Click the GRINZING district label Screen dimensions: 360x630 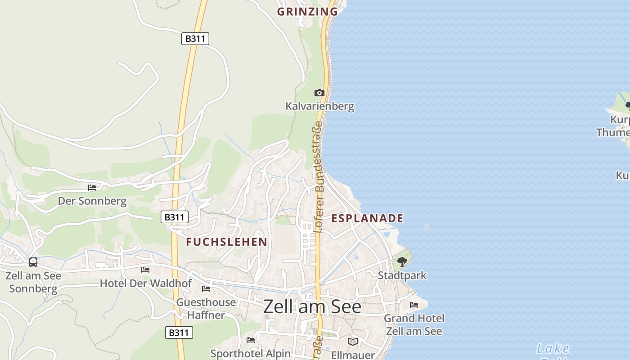click(x=307, y=12)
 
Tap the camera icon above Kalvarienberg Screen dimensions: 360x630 click(x=319, y=93)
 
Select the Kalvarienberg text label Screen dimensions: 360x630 click(x=319, y=107)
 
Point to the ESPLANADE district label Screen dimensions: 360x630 click(x=367, y=219)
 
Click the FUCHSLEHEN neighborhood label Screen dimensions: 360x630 click(x=227, y=242)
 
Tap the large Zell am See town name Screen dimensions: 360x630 click(x=312, y=307)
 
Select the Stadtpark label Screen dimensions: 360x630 click(x=402, y=275)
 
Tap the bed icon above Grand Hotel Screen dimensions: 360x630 click(x=414, y=305)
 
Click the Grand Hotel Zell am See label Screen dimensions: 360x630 click(x=414, y=325)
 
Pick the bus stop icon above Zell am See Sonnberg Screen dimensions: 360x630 click(x=33, y=262)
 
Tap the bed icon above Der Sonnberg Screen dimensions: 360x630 click(x=92, y=188)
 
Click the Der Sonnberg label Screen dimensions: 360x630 click(x=92, y=201)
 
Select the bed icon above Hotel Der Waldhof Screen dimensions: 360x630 click(x=145, y=270)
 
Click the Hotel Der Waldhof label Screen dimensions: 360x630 click(x=145, y=283)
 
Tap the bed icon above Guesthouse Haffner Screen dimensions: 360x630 click(x=206, y=289)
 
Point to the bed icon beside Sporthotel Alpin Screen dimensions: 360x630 click(x=251, y=340)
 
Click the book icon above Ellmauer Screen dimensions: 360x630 click(x=353, y=342)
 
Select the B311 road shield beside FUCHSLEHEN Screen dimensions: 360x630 click(x=175, y=217)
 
